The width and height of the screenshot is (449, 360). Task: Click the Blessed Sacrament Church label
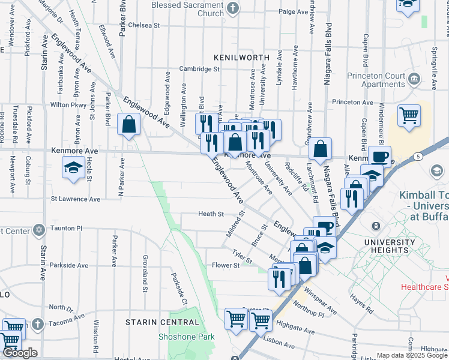pos(187,8)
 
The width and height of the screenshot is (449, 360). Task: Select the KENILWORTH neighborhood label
pos(241,57)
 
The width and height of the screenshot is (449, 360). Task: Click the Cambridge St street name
pos(199,69)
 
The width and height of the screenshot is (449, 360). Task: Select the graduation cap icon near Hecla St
pos(73,168)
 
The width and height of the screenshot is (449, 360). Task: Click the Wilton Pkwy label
pos(69,104)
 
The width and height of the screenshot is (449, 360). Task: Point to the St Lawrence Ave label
pos(76,199)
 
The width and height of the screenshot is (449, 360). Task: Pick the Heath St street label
pos(211,214)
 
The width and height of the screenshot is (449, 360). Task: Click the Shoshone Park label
pos(186,337)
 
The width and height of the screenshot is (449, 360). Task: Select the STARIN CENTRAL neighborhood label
pos(161,322)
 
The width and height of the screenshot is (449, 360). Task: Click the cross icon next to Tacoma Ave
pos(37,325)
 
